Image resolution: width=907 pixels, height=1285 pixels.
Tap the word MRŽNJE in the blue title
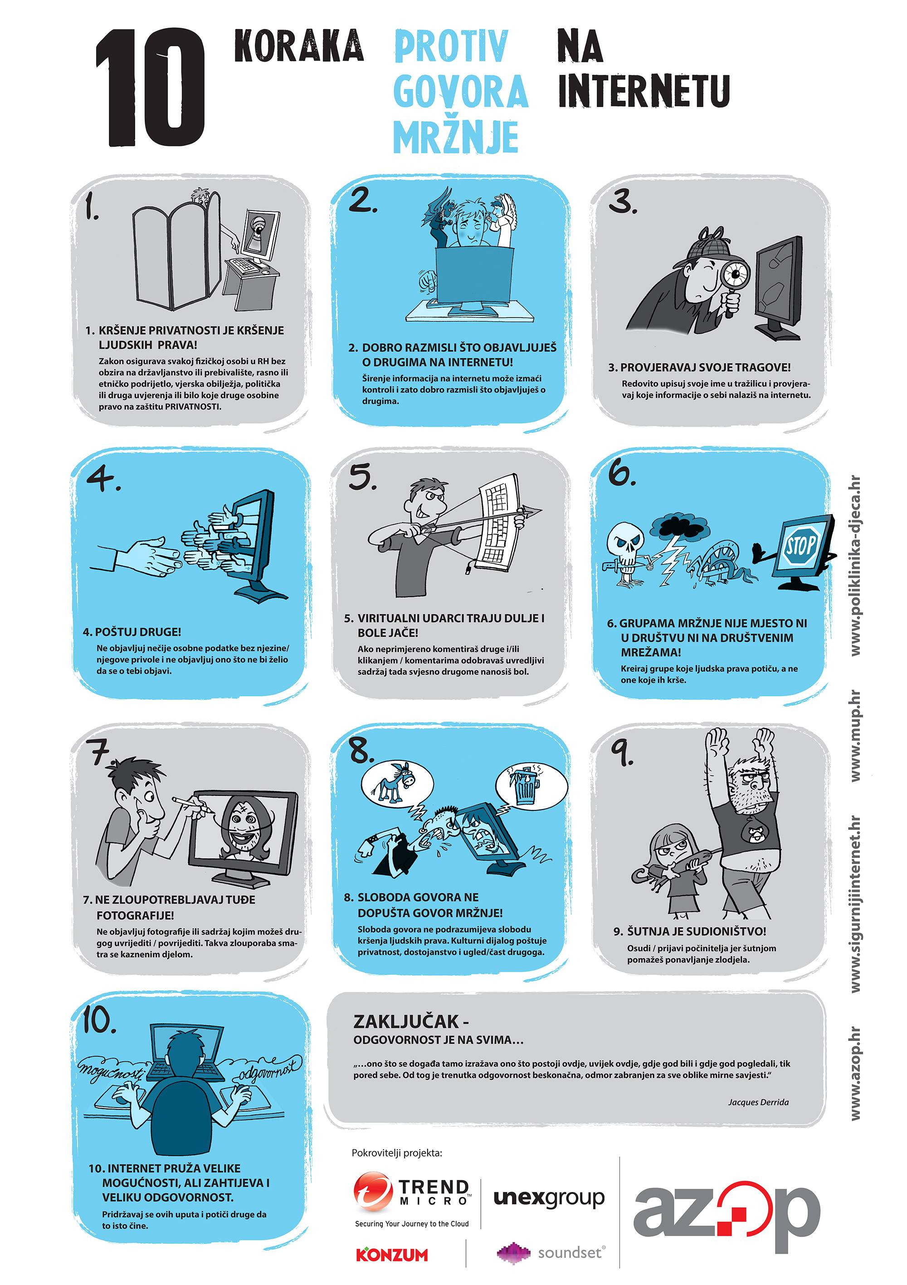(x=456, y=137)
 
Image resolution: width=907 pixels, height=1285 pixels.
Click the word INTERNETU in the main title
(x=644, y=91)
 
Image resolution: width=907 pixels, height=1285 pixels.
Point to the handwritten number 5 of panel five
(x=361, y=477)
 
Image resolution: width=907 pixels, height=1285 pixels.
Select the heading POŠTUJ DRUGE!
(x=132, y=632)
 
